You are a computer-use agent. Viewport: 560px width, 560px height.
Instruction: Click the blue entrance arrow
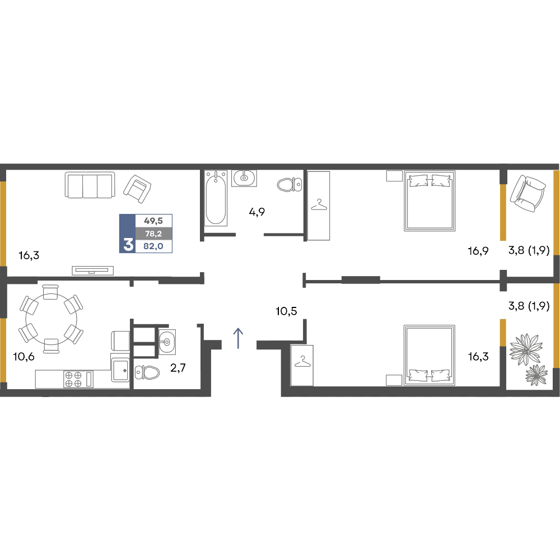pyautogui.click(x=238, y=338)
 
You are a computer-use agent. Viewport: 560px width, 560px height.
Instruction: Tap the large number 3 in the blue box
pyautogui.click(x=128, y=245)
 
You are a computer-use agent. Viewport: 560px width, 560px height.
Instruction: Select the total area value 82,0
pyautogui.click(x=153, y=246)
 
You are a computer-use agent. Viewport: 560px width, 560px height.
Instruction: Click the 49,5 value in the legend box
pyautogui.click(x=153, y=221)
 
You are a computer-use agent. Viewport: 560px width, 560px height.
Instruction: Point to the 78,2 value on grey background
pyautogui.click(x=153, y=234)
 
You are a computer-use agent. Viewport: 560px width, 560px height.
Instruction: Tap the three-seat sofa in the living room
pyautogui.click(x=90, y=185)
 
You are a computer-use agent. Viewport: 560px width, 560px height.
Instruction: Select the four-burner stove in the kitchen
pyautogui.click(x=78, y=379)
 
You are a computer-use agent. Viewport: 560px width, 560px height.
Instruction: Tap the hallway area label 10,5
pyautogui.click(x=286, y=311)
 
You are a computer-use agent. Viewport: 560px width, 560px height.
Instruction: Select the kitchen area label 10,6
pyautogui.click(x=24, y=356)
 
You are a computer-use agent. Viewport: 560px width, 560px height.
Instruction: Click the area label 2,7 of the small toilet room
pyautogui.click(x=178, y=367)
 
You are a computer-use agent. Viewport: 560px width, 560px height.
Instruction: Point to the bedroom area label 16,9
pyautogui.click(x=478, y=251)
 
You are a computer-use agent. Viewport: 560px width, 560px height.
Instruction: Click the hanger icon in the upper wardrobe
pyautogui.click(x=319, y=205)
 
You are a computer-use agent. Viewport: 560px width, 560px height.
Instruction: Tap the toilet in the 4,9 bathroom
pyautogui.click(x=290, y=184)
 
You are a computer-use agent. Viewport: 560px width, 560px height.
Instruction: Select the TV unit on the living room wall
pyautogui.click(x=93, y=270)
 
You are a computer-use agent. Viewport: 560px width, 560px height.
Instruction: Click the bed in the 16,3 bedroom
pyautogui.click(x=430, y=355)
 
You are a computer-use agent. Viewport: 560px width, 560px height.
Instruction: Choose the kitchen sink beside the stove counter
pyautogui.click(x=120, y=370)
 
